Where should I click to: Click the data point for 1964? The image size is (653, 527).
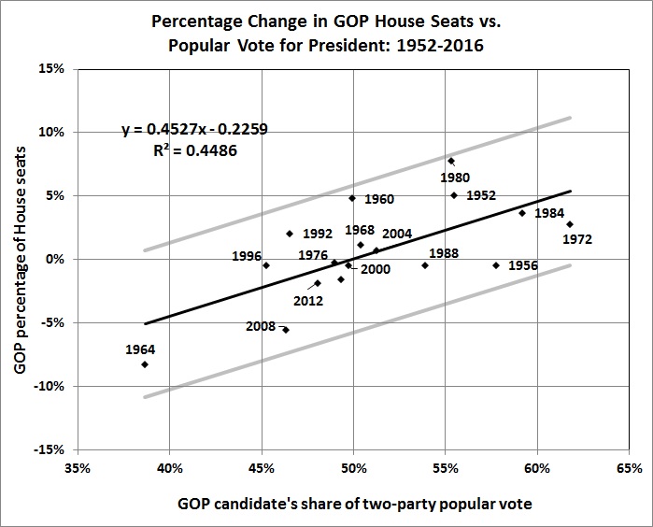(x=145, y=364)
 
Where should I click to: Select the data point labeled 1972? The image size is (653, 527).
(x=570, y=224)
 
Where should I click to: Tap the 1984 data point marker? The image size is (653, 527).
(x=522, y=213)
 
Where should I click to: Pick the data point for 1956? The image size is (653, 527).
(x=496, y=265)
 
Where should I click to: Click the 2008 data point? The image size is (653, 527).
(x=286, y=330)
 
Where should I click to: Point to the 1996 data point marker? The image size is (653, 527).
(x=266, y=265)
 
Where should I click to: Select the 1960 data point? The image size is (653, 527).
(x=352, y=198)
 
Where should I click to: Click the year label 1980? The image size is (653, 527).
(x=455, y=178)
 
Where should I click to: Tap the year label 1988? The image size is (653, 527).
(x=443, y=253)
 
